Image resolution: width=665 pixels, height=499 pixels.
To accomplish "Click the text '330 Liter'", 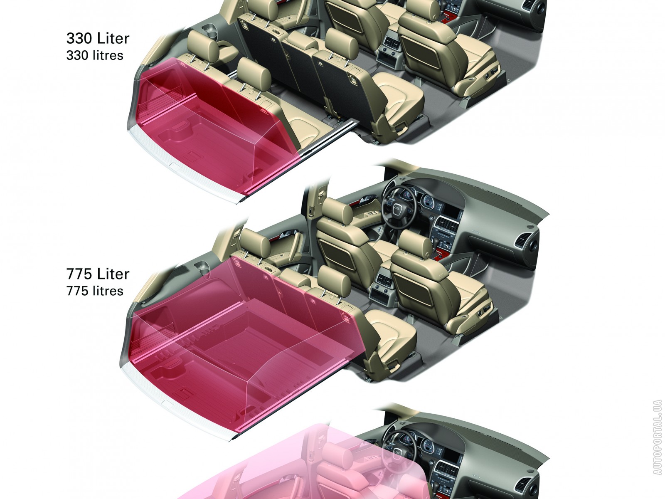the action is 98,38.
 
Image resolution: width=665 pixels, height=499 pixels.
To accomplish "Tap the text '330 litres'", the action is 95,55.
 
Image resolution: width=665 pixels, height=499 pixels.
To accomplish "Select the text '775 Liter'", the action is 98,274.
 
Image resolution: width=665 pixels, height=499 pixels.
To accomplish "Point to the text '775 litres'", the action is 95,291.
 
